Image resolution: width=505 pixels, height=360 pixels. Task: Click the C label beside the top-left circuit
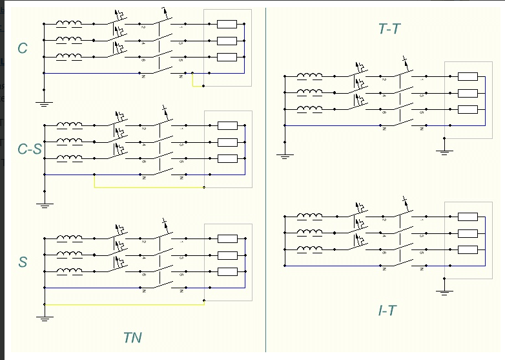click(23, 48)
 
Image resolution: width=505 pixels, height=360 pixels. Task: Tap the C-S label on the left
click(30, 149)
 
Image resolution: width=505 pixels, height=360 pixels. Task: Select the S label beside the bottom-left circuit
click(23, 262)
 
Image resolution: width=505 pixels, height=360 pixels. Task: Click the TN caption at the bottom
click(132, 337)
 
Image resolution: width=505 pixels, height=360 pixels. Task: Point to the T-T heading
click(390, 28)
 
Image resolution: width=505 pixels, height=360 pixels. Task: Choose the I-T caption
click(387, 310)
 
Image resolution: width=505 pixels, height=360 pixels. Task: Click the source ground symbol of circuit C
click(44, 101)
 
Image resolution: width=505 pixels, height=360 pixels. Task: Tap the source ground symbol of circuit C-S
click(44, 204)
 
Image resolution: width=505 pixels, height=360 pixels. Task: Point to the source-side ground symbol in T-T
click(285, 154)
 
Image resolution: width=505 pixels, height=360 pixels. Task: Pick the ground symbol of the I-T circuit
click(444, 291)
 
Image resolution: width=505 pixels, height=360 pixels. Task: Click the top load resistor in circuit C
click(227, 25)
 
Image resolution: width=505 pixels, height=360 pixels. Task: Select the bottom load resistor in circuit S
click(227, 271)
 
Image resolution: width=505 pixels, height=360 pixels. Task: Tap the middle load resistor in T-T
click(468, 92)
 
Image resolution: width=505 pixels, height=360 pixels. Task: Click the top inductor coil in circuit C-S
click(69, 125)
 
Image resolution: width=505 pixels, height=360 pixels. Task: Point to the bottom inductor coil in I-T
click(309, 249)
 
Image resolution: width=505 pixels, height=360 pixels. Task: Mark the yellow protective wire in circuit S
click(123, 304)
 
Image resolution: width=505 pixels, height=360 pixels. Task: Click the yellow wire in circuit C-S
click(149, 187)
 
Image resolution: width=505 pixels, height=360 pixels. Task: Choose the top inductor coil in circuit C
click(69, 24)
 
